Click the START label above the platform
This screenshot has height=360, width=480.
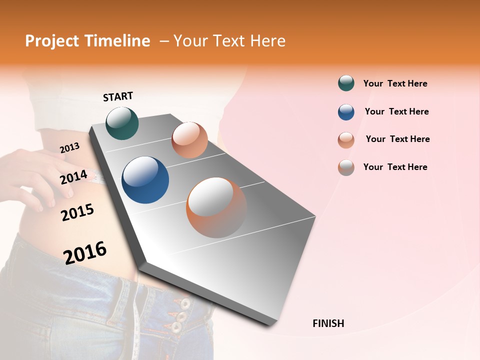[x=118, y=96]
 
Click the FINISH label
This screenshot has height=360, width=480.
[x=328, y=323]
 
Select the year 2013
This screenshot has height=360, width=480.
[x=69, y=148]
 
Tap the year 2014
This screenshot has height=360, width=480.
[x=73, y=177]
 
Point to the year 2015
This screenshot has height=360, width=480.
[x=77, y=212]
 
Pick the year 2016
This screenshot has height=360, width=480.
[x=85, y=252]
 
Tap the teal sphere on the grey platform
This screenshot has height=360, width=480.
[x=122, y=123]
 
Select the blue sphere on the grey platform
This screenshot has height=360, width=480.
[x=145, y=180]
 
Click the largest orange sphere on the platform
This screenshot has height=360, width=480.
[x=216, y=207]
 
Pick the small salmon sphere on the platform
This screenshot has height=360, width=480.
[x=189, y=139]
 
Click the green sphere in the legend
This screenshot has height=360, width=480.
[x=346, y=83]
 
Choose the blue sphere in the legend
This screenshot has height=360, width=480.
[x=346, y=112]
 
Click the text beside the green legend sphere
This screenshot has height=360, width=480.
[x=395, y=83]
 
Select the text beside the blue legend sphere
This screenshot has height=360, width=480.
[x=396, y=111]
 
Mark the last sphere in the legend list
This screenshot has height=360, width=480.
[x=346, y=167]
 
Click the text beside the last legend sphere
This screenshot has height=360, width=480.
[x=395, y=167]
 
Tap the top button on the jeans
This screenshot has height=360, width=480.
[x=185, y=303]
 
